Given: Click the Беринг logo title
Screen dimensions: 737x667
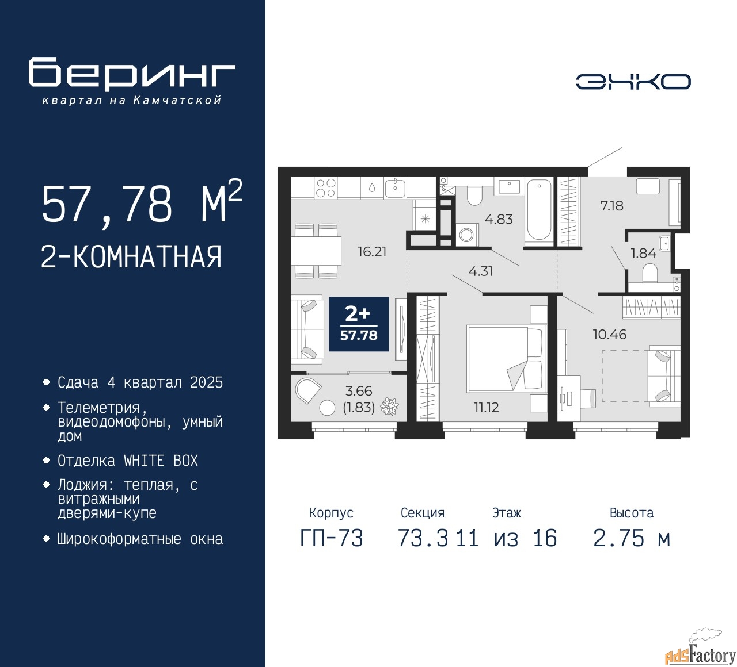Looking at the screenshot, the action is pyautogui.click(x=131, y=74).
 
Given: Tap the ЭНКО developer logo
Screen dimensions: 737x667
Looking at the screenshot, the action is pyautogui.click(x=633, y=82).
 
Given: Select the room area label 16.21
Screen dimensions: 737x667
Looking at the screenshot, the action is pyautogui.click(x=372, y=252).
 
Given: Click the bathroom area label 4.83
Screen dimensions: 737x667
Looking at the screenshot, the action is pyautogui.click(x=499, y=219).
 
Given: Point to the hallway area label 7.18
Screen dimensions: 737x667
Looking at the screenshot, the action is pyautogui.click(x=611, y=206).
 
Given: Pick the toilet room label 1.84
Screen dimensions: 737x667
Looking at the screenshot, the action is pyautogui.click(x=643, y=253).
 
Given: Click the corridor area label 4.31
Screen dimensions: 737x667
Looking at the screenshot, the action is pyautogui.click(x=481, y=271).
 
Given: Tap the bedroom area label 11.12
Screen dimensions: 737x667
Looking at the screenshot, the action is pyautogui.click(x=486, y=407).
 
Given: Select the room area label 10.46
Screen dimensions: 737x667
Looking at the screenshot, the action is pyautogui.click(x=610, y=334).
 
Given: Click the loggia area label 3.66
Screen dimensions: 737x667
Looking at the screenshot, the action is pyautogui.click(x=359, y=391).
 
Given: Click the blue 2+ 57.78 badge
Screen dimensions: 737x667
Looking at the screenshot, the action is pyautogui.click(x=359, y=324).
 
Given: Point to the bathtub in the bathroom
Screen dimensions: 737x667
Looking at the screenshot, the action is pyautogui.click(x=539, y=212).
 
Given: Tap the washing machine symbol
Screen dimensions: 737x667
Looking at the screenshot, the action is pyautogui.click(x=467, y=235).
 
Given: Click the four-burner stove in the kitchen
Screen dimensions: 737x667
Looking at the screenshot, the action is pyautogui.click(x=326, y=188).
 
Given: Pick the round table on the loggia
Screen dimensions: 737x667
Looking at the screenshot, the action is pyautogui.click(x=327, y=408).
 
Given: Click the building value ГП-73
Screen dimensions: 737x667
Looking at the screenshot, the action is pyautogui.click(x=332, y=539).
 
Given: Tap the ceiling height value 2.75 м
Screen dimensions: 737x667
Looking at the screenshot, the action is pyautogui.click(x=632, y=539).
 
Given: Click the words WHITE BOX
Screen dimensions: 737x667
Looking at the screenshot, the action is pyautogui.click(x=161, y=461).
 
